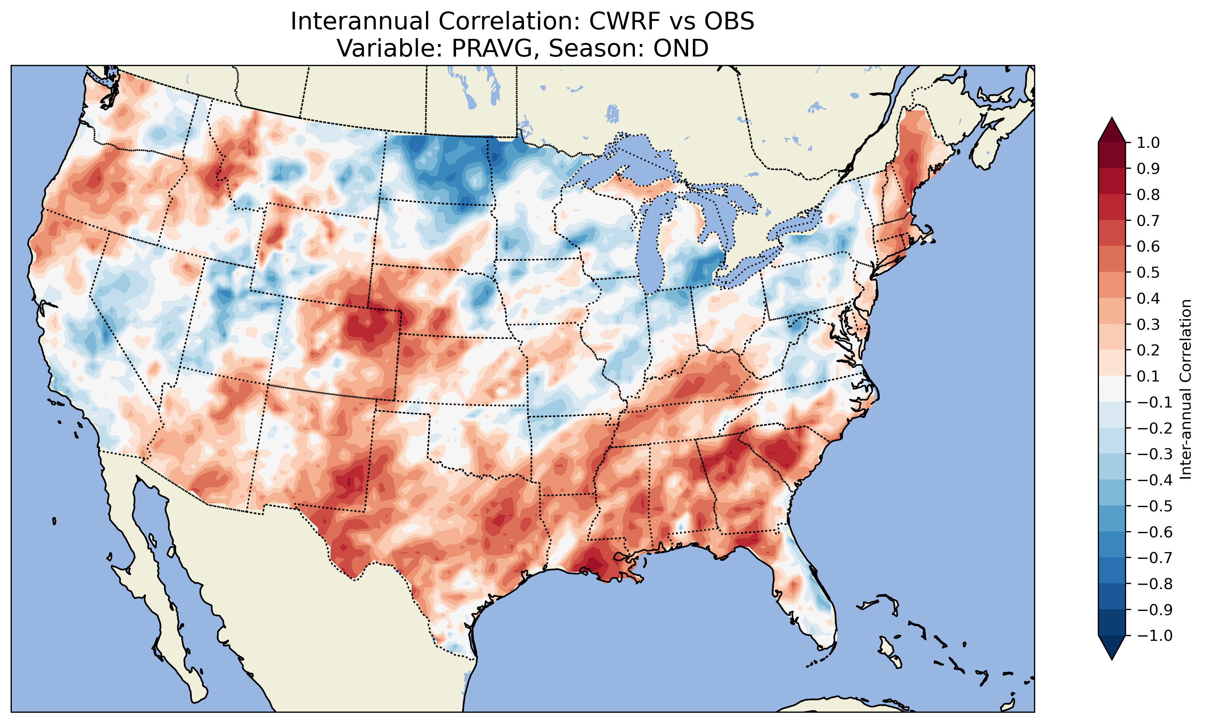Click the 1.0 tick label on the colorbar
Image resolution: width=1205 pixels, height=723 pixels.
pyautogui.click(x=1148, y=143)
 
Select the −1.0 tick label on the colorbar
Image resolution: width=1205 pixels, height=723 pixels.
pyautogui.click(x=1154, y=636)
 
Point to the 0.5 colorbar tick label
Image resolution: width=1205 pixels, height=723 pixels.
pyautogui.click(x=1148, y=272)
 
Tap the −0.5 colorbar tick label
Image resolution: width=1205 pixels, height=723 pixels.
pyautogui.click(x=1154, y=506)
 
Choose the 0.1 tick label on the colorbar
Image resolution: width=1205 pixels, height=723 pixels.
pyautogui.click(x=1148, y=376)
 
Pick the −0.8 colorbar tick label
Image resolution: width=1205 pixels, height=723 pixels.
pyautogui.click(x=1154, y=584)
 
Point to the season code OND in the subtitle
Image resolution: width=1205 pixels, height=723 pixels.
pyautogui.click(x=680, y=48)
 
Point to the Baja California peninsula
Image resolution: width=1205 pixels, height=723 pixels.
pyautogui.click(x=161, y=585)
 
